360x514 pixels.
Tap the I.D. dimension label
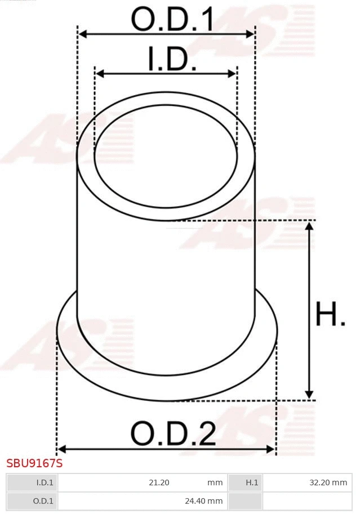point(172,59)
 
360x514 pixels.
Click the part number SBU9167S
point(34,464)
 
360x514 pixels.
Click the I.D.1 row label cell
point(45,482)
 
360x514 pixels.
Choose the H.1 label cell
point(252,482)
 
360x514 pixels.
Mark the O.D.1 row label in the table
point(43,500)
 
